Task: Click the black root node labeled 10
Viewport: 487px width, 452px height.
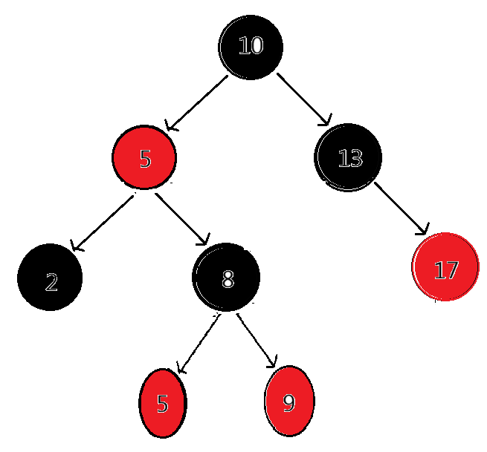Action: pos(251,46)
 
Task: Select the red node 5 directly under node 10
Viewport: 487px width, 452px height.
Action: pos(144,158)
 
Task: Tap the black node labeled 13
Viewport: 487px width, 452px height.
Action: pos(349,157)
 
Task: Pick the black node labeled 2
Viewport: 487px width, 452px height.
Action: pos(50,279)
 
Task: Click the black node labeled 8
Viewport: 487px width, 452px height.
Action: pos(226,278)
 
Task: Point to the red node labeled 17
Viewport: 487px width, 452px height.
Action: pos(445,268)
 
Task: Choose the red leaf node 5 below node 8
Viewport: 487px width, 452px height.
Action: pos(163,403)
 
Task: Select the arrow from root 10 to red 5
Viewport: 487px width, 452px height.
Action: pos(197,102)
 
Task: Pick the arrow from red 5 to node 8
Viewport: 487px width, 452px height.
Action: pos(181,220)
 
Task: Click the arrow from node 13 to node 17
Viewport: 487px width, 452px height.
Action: pos(401,209)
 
